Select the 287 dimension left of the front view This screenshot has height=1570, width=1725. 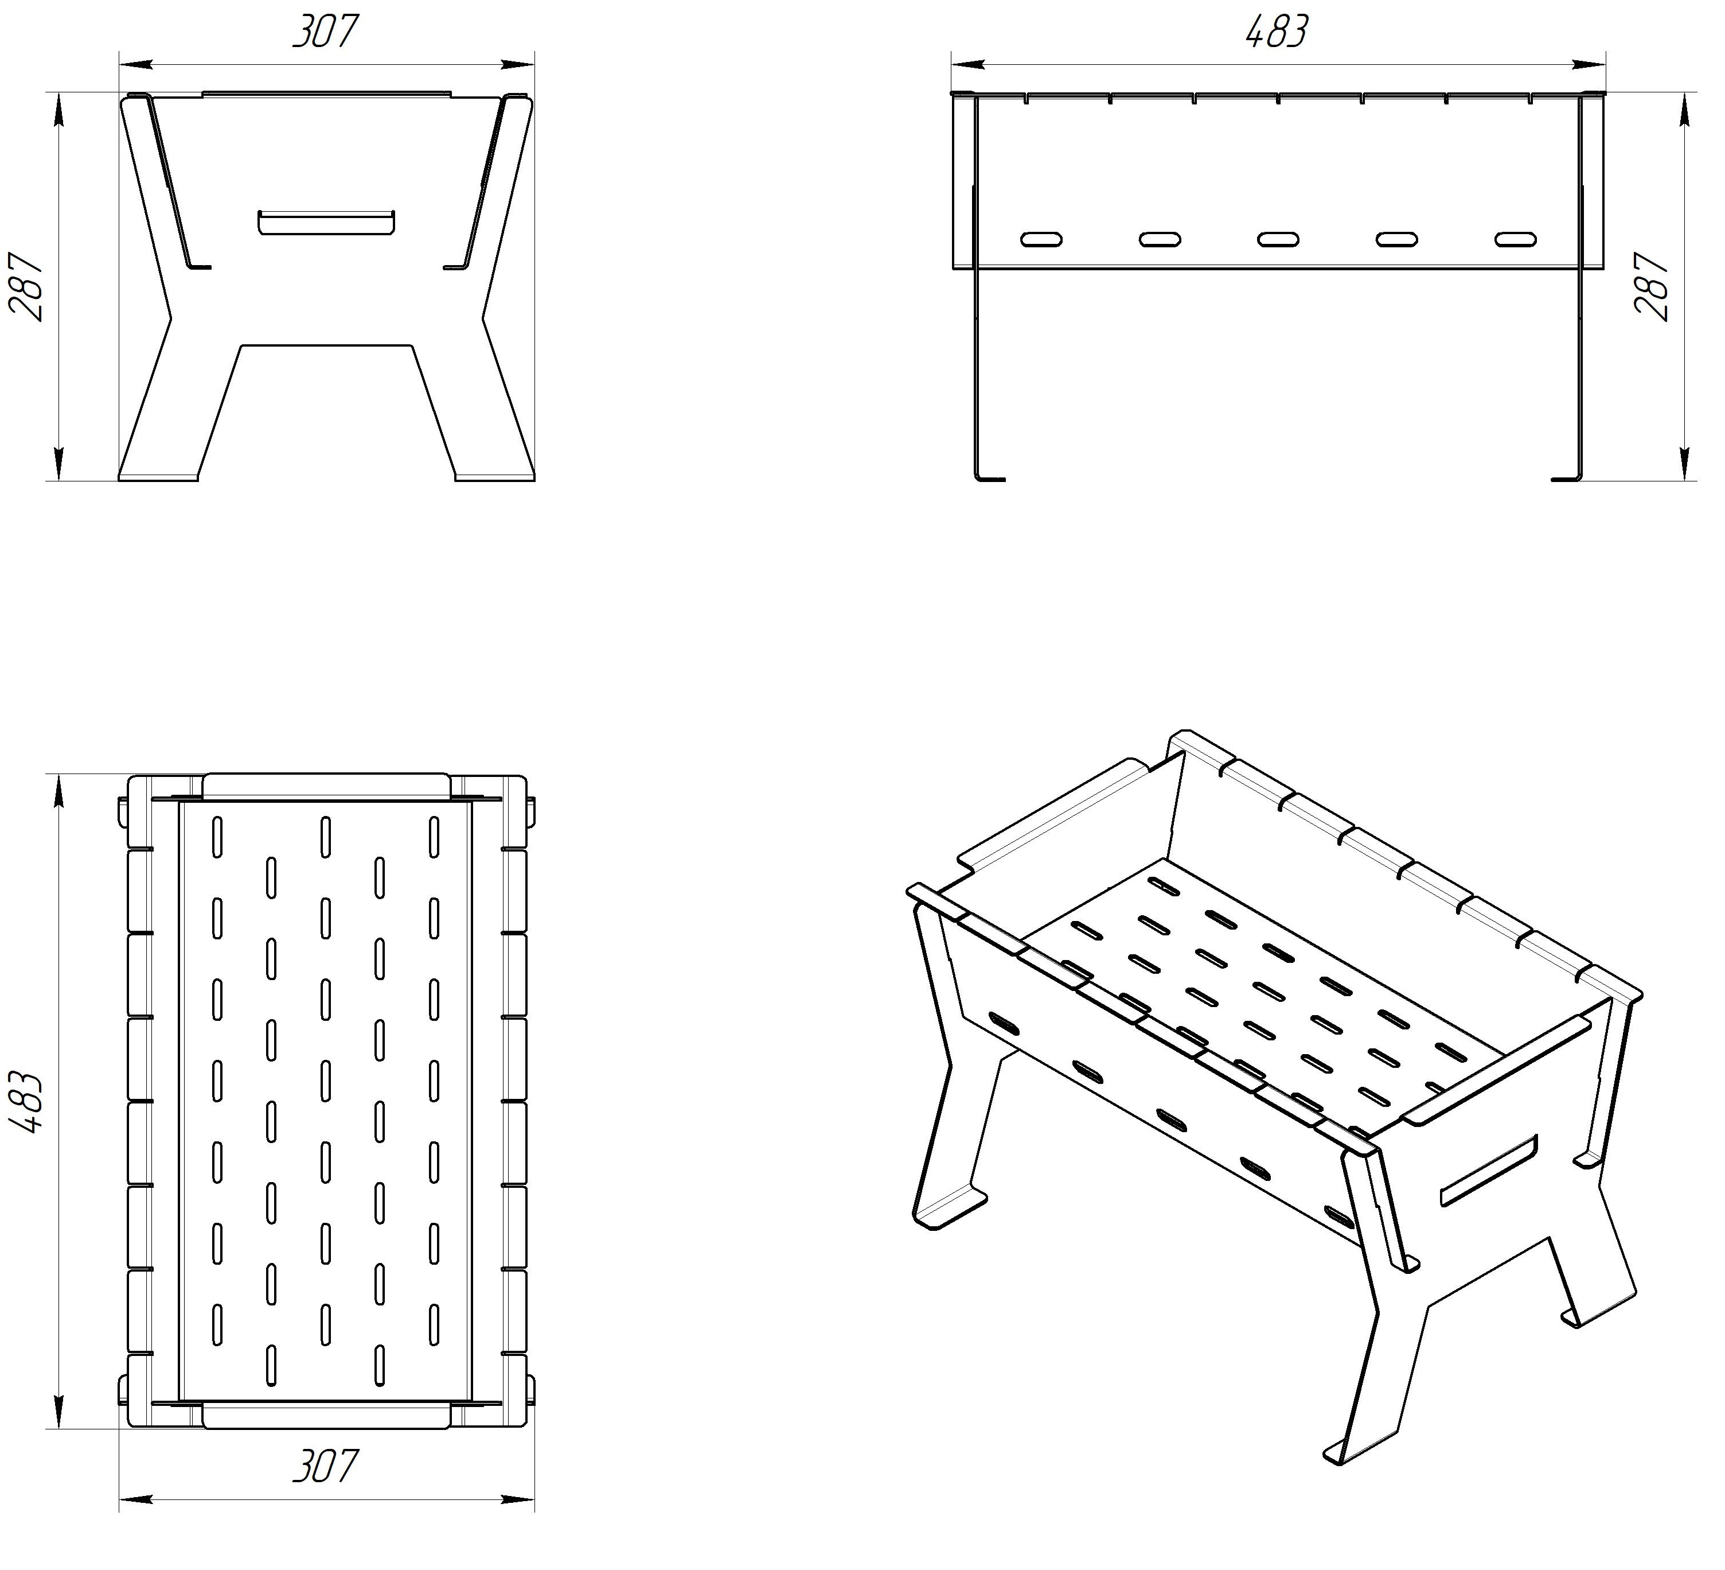26,286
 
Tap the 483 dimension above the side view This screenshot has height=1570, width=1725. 1277,32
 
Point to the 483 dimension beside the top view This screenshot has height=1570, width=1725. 26,1102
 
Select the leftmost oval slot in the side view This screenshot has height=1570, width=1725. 1041,239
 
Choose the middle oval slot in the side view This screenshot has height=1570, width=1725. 1278,239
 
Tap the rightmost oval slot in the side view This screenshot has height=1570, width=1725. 1515,239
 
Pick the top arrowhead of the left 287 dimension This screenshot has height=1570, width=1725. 59,108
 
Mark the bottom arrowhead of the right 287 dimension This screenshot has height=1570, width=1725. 1684,464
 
